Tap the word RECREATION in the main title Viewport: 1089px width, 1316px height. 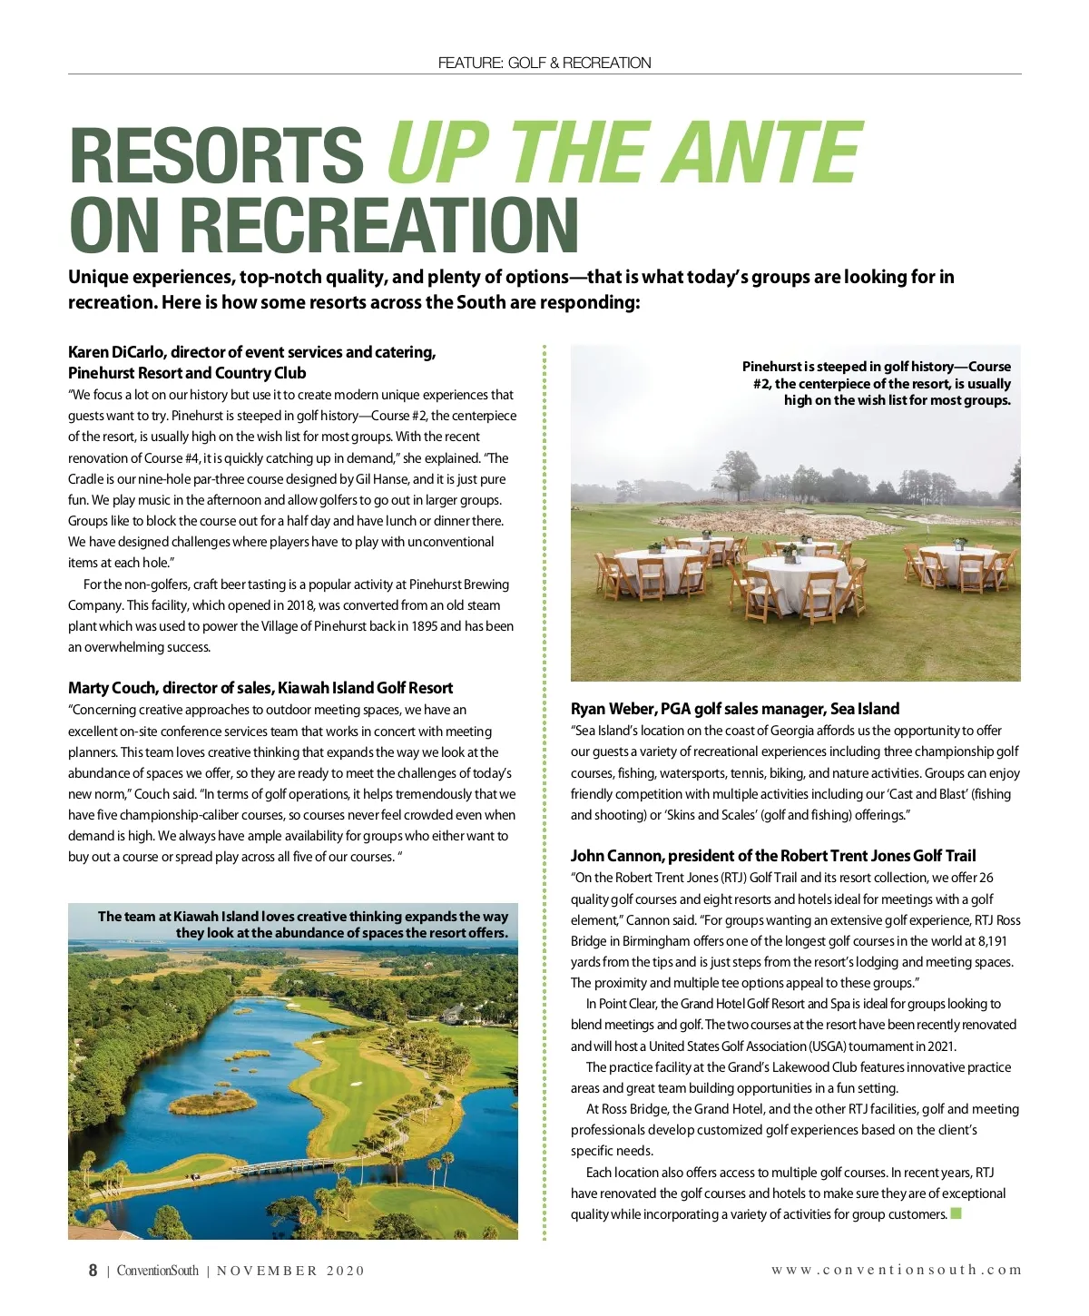coord(385,224)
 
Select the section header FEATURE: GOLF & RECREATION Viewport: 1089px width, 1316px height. coord(544,63)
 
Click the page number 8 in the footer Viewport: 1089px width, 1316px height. coord(93,1271)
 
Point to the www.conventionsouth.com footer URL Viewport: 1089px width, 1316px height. coord(897,1270)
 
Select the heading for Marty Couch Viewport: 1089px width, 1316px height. coord(260,688)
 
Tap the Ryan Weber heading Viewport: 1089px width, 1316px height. coord(735,709)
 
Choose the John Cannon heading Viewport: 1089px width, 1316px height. coord(773,856)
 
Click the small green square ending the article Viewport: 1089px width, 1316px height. coord(956,1214)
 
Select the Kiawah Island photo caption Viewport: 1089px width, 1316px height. coord(303,924)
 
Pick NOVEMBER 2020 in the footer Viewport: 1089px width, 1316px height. coord(290,1271)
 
